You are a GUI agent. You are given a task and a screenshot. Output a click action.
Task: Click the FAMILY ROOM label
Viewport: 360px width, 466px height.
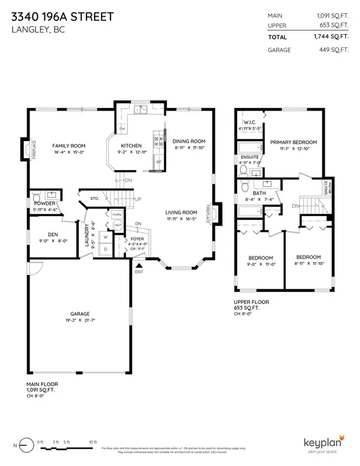pos(68,146)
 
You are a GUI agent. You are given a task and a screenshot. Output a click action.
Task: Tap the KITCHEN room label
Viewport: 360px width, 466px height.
pos(131,146)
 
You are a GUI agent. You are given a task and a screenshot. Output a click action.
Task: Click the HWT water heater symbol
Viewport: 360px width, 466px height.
pos(117,224)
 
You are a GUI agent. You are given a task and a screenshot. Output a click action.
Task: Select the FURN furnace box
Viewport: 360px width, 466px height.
pos(116,214)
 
